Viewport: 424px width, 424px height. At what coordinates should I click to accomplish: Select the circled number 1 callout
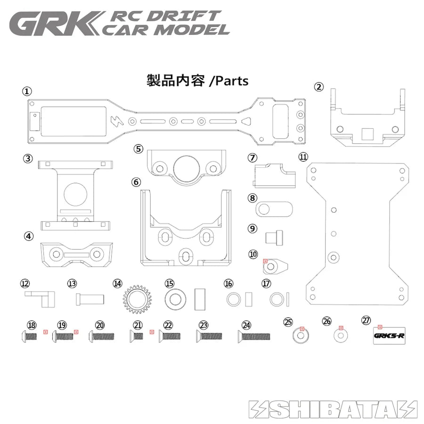[x=28, y=90]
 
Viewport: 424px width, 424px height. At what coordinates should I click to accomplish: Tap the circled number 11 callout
[x=302, y=156]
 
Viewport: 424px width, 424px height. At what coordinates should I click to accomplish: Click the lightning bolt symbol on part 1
[x=116, y=121]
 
